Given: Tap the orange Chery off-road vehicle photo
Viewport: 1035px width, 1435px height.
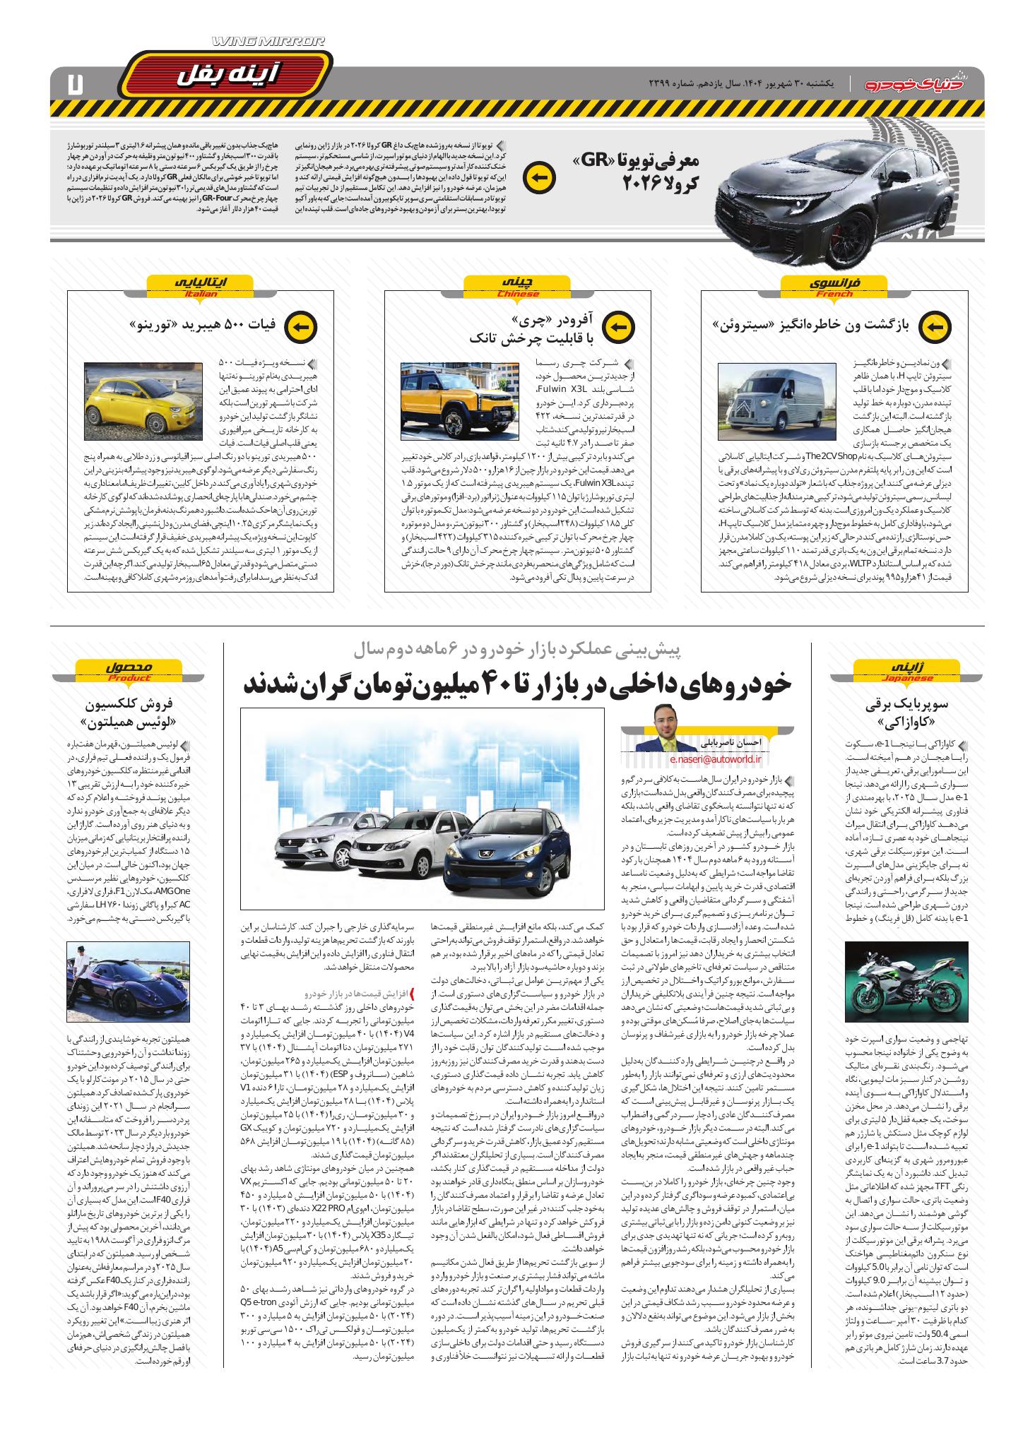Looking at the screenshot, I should click(x=459, y=402).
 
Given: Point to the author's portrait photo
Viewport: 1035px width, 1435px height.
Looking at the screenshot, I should click(x=663, y=734).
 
